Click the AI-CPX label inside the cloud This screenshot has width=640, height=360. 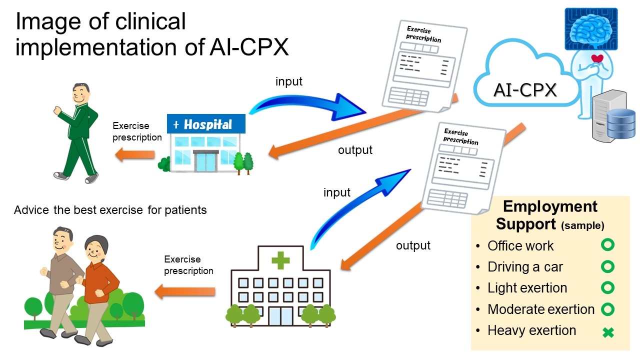[524, 90]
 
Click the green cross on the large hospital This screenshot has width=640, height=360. [280, 260]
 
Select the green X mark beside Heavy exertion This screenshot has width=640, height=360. [608, 332]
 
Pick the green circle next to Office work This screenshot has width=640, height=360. [607, 245]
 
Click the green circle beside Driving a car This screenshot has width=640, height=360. [607, 267]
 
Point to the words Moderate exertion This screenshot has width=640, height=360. [541, 309]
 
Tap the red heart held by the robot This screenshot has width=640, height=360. [596, 59]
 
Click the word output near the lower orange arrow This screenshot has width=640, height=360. [413, 245]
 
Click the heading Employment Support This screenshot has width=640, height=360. [549, 215]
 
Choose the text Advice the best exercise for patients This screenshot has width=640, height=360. [110, 210]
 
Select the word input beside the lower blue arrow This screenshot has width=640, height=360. [337, 192]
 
